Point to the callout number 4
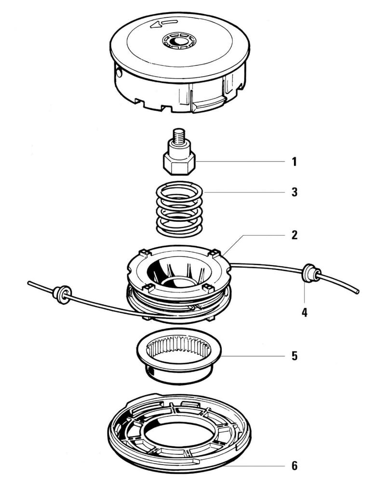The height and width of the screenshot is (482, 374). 304,312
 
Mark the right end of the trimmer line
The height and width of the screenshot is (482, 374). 358,291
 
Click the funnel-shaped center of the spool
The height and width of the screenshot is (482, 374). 178,272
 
